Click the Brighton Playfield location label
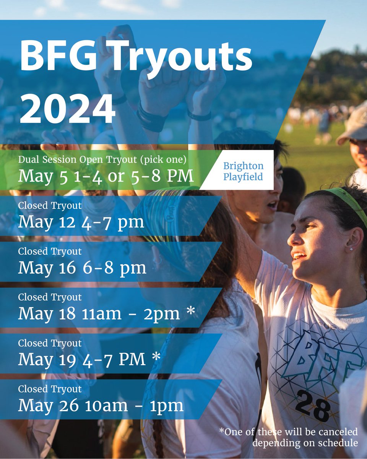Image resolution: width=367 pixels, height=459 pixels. click(243, 171)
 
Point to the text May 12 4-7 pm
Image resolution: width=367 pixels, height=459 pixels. click(81, 222)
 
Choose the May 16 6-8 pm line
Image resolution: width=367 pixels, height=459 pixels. click(82, 268)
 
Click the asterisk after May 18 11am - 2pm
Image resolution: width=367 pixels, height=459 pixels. click(190, 313)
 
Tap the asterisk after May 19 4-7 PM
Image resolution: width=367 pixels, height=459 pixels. click(156, 358)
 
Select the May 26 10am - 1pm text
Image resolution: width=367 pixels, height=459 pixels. click(101, 405)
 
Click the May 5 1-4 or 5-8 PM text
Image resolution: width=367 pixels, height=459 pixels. click(106, 177)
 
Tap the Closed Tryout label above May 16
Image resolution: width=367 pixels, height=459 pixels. click(50, 251)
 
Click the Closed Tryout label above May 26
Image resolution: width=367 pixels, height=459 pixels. click(50, 389)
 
